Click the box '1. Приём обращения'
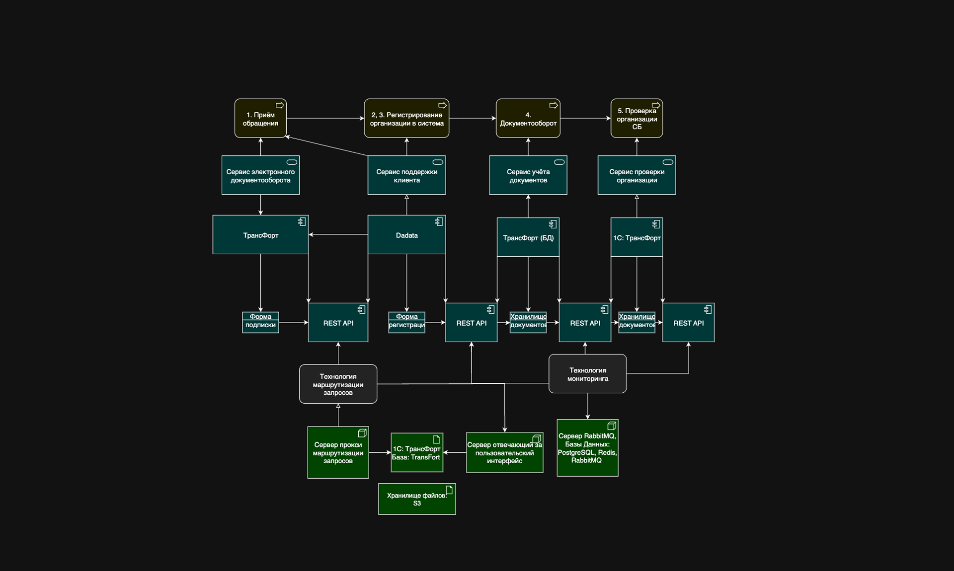click(x=260, y=119)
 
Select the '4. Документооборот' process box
click(x=528, y=119)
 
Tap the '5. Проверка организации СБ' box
click(x=636, y=119)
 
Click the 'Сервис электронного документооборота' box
click(x=260, y=175)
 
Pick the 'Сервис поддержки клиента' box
click(x=406, y=175)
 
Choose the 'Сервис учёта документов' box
click(x=528, y=175)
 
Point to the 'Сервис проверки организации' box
click(x=636, y=175)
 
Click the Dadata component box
click(x=406, y=235)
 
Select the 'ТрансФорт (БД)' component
click(x=528, y=237)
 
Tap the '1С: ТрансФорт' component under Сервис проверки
click(x=636, y=237)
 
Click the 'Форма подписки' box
click(x=260, y=323)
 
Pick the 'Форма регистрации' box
click(x=406, y=323)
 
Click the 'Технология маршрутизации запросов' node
click(x=338, y=384)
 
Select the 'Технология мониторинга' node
click(x=587, y=374)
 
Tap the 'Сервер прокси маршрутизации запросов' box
click(x=338, y=452)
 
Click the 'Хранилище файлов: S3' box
click(x=417, y=499)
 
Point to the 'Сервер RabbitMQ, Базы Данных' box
click(x=587, y=448)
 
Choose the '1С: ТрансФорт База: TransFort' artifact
click(x=417, y=453)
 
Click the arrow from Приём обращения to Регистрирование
click(x=325, y=118)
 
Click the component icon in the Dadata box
click(x=439, y=222)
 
